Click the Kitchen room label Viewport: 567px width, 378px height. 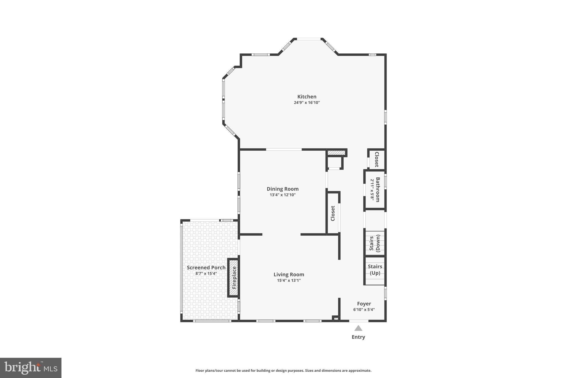click(x=307, y=97)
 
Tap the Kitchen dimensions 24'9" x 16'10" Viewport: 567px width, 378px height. click(x=307, y=103)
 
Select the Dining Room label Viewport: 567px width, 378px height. click(x=282, y=189)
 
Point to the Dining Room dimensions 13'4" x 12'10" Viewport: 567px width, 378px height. click(x=282, y=195)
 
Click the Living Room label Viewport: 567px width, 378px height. click(x=289, y=274)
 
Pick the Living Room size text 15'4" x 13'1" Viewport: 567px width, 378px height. click(x=289, y=281)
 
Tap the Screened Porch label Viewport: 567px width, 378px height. click(x=206, y=268)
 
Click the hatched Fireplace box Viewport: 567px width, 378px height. click(x=234, y=278)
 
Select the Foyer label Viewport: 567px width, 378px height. click(x=364, y=304)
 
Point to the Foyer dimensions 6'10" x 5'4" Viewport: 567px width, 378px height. click(x=364, y=310)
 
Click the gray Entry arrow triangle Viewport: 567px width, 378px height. click(x=358, y=328)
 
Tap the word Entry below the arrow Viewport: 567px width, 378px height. click(x=358, y=337)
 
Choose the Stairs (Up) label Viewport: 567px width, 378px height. click(x=375, y=270)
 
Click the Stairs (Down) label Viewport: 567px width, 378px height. click(x=375, y=243)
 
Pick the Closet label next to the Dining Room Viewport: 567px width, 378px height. click(x=333, y=213)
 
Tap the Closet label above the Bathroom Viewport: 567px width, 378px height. click(x=377, y=160)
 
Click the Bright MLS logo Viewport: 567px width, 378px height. click(x=31, y=368)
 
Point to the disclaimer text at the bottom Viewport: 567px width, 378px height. click(x=283, y=371)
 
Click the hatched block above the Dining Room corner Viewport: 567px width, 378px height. click(x=336, y=153)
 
